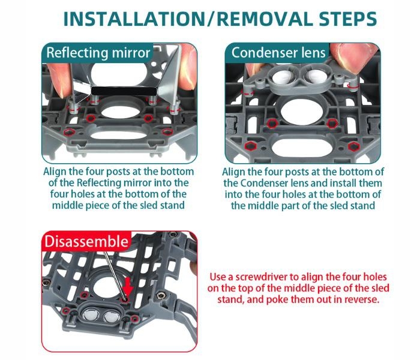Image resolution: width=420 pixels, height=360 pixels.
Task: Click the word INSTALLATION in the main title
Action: tap(134, 19)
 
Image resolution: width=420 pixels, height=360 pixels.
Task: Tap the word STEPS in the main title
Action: tap(347, 19)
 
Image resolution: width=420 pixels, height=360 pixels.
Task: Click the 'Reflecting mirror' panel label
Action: tap(98, 53)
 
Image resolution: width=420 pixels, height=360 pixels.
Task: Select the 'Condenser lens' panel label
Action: tap(278, 53)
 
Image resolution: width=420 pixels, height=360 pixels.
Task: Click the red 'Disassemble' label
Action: tap(86, 241)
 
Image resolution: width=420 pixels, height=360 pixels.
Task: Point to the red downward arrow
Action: tap(128, 287)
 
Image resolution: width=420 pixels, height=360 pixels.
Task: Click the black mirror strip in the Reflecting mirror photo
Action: tap(124, 91)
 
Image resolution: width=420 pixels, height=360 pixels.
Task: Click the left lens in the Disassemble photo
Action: tap(90, 315)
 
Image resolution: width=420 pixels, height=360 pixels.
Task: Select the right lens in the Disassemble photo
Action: tap(112, 317)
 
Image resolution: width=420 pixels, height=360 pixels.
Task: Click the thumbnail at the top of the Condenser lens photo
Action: tap(354, 58)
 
